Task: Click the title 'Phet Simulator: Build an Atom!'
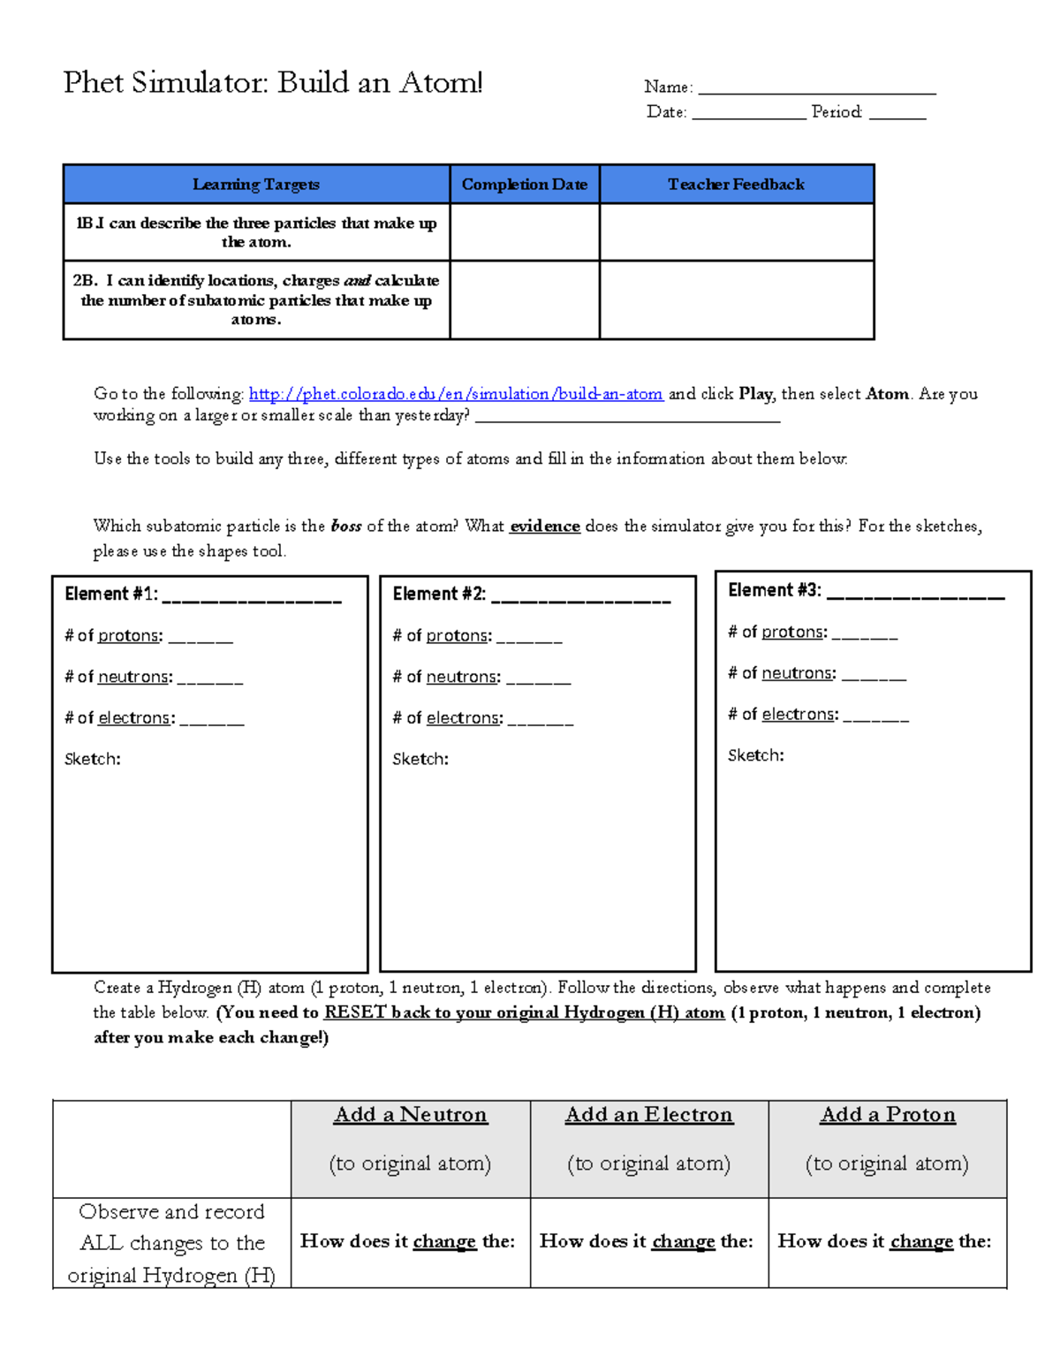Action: coord(273,83)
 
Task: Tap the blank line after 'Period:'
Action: coord(897,115)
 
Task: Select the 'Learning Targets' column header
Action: coord(256,185)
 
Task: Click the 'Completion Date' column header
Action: coord(524,185)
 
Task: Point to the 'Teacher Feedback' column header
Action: coord(736,185)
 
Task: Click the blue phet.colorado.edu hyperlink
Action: coord(456,394)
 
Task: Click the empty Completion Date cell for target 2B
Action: coord(524,299)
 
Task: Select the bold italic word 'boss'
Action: coord(345,527)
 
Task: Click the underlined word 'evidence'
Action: coord(544,527)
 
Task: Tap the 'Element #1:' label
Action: coord(111,595)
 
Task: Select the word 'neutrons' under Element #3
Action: coord(797,673)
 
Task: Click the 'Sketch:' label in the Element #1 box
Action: coord(93,759)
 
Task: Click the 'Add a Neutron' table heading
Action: coord(411,1115)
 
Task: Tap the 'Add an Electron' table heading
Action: coord(649,1115)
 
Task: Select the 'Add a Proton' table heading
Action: coord(888,1115)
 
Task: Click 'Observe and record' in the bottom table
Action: coord(171,1212)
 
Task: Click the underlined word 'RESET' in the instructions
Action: coord(355,1012)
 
